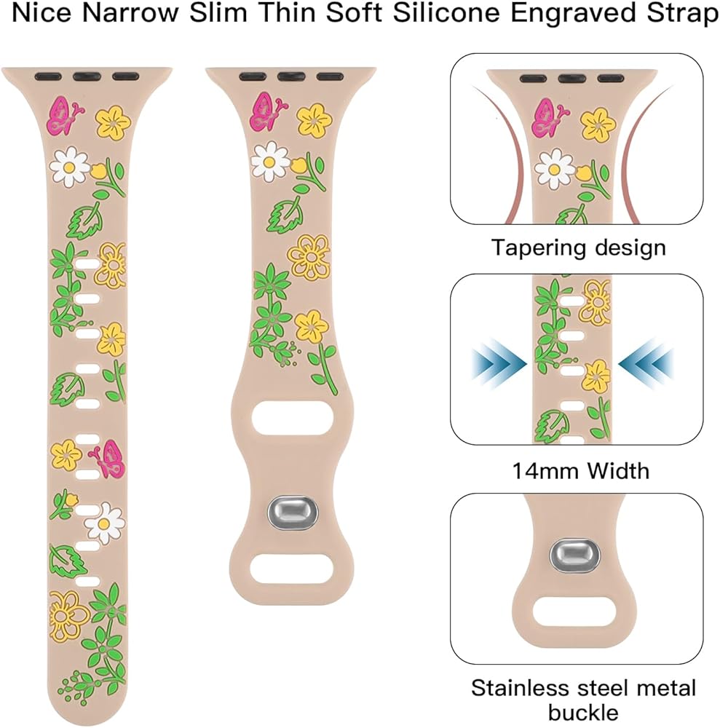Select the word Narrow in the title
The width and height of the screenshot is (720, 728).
[122, 15]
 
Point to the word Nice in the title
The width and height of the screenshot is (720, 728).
[39, 15]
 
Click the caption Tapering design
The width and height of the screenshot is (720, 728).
[578, 247]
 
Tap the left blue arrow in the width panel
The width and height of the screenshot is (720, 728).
[499, 360]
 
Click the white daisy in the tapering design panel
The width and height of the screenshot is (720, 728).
[555, 167]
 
